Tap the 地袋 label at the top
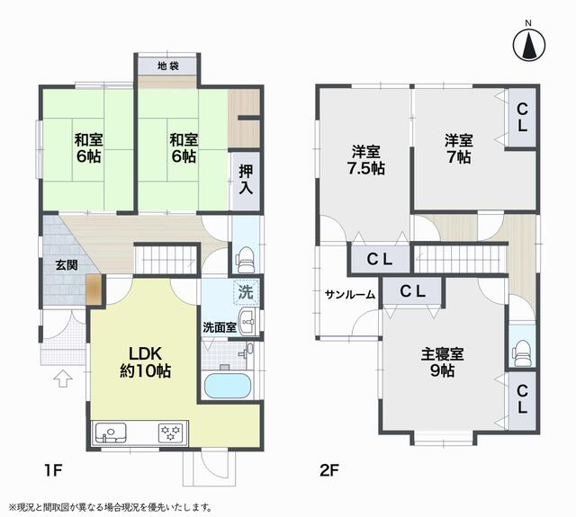pyautogui.click(x=168, y=67)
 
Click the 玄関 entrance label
pyautogui.click(x=66, y=266)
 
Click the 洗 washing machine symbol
pyautogui.click(x=245, y=291)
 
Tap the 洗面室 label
pyautogui.click(x=219, y=327)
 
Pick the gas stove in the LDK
pyautogui.click(x=170, y=432)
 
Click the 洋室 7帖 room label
pyautogui.click(x=458, y=148)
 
